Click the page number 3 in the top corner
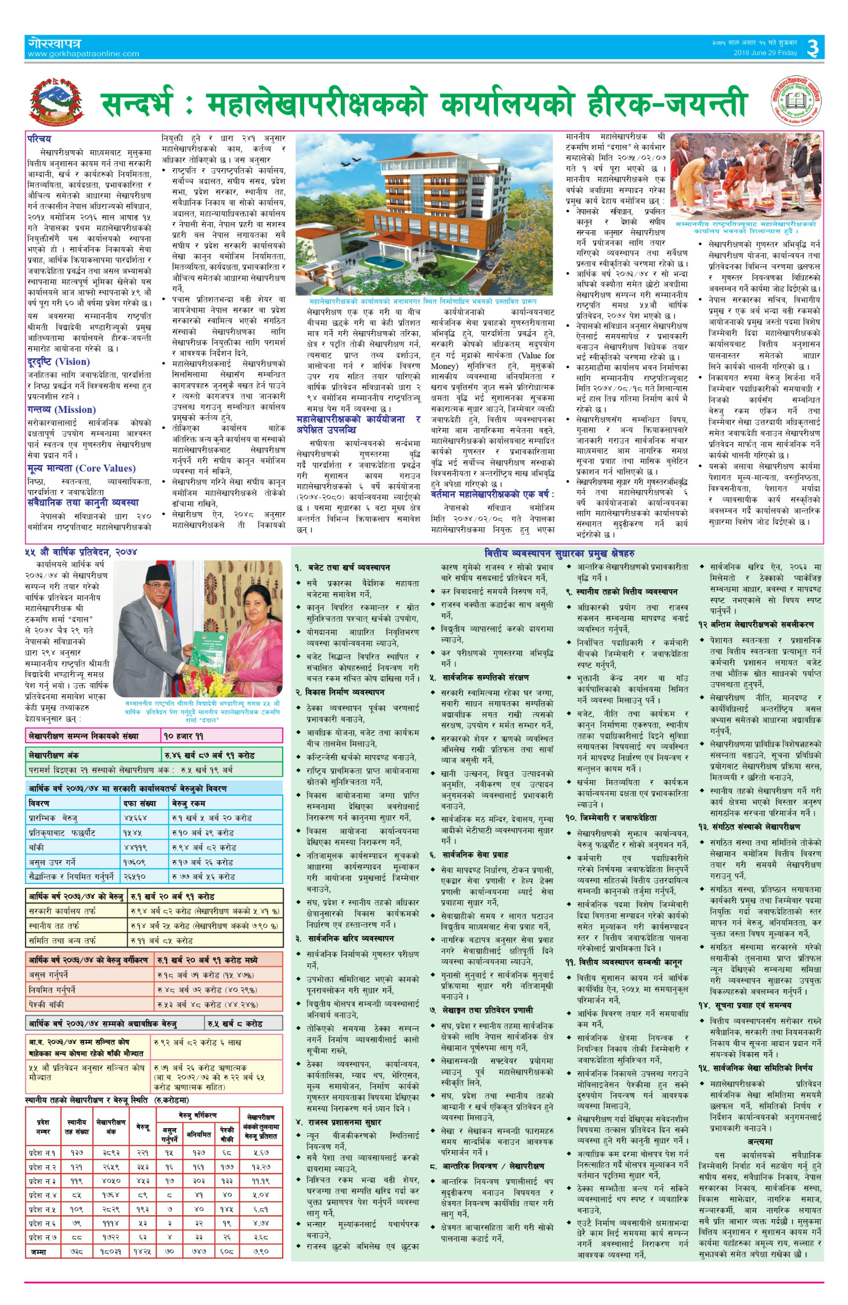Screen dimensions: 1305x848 813,48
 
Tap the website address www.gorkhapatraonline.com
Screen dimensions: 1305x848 83,54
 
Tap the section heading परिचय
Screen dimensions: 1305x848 39,139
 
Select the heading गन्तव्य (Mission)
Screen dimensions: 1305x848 62,409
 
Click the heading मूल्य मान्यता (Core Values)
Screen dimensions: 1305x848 81,468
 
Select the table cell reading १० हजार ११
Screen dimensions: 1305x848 183,736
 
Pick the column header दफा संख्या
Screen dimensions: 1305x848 140,803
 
